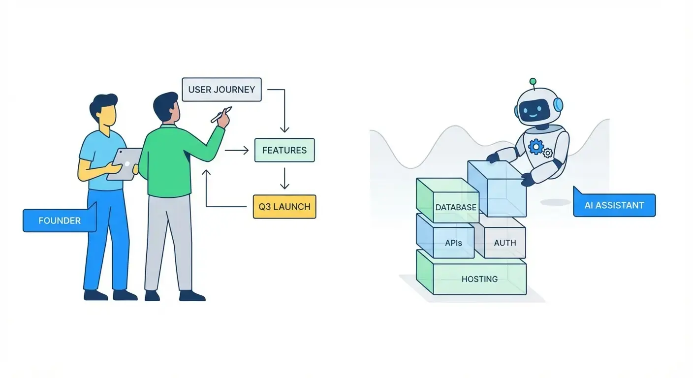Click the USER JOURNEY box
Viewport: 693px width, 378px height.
[x=221, y=90]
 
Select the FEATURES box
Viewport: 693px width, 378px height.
[x=284, y=150]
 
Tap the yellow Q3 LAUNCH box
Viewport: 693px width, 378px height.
[x=284, y=206]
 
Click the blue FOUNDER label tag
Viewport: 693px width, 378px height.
[x=59, y=220]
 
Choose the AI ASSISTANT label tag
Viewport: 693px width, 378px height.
[x=614, y=205]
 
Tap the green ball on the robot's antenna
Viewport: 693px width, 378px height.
[x=533, y=81]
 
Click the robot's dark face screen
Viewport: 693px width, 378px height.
[x=535, y=109]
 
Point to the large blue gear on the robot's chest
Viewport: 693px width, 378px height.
[x=535, y=147]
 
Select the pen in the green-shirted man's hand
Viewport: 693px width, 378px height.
[x=221, y=114]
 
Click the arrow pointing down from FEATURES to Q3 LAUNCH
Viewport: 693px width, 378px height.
[x=284, y=178]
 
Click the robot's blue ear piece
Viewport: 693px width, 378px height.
[x=558, y=104]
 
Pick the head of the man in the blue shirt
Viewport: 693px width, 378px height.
[x=104, y=111]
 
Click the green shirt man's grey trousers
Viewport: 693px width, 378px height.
[x=167, y=241]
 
